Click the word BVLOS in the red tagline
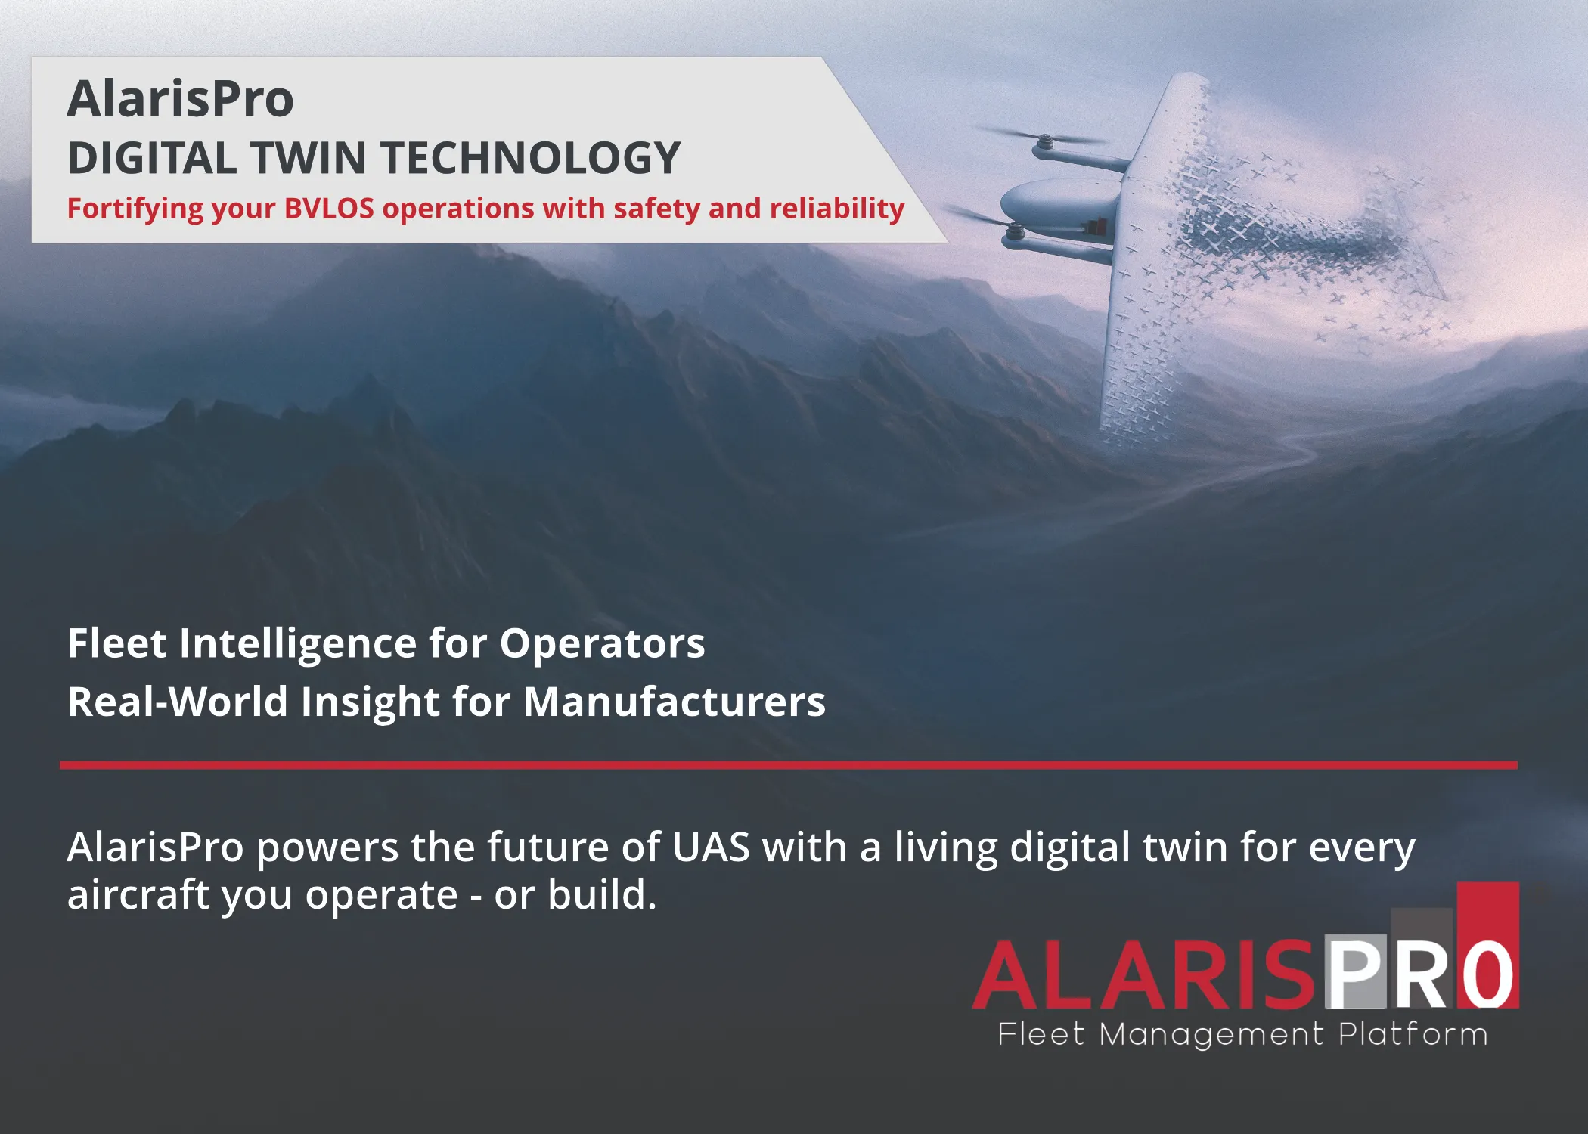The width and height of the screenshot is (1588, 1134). [329, 209]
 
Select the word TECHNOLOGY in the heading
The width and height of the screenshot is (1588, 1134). [530, 159]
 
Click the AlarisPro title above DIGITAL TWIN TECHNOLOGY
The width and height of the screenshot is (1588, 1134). [180, 99]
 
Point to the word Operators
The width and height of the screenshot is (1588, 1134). [602, 643]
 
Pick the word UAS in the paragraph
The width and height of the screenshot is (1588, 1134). [711, 847]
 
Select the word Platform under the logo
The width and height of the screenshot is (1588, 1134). [1413, 1034]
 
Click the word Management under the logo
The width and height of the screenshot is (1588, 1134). [1211, 1034]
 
